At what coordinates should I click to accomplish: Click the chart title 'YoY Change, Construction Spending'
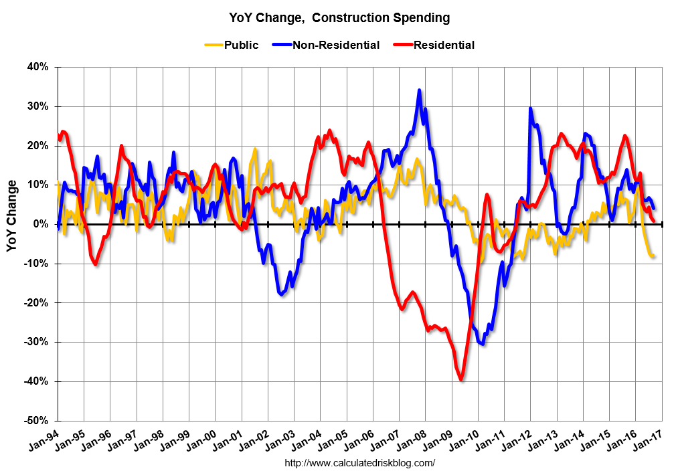337,17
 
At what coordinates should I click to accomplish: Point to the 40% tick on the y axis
37,67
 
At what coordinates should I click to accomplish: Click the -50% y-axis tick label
36,421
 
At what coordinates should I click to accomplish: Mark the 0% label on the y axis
41,224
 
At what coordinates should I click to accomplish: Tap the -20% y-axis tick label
36,303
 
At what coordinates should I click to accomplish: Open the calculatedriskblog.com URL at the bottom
360,462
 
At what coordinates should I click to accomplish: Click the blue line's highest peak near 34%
419,90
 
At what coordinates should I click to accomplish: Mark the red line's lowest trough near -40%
461,379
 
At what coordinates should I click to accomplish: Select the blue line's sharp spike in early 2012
530,108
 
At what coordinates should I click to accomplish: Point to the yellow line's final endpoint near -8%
653,256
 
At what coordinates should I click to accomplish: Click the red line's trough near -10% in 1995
96,264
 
